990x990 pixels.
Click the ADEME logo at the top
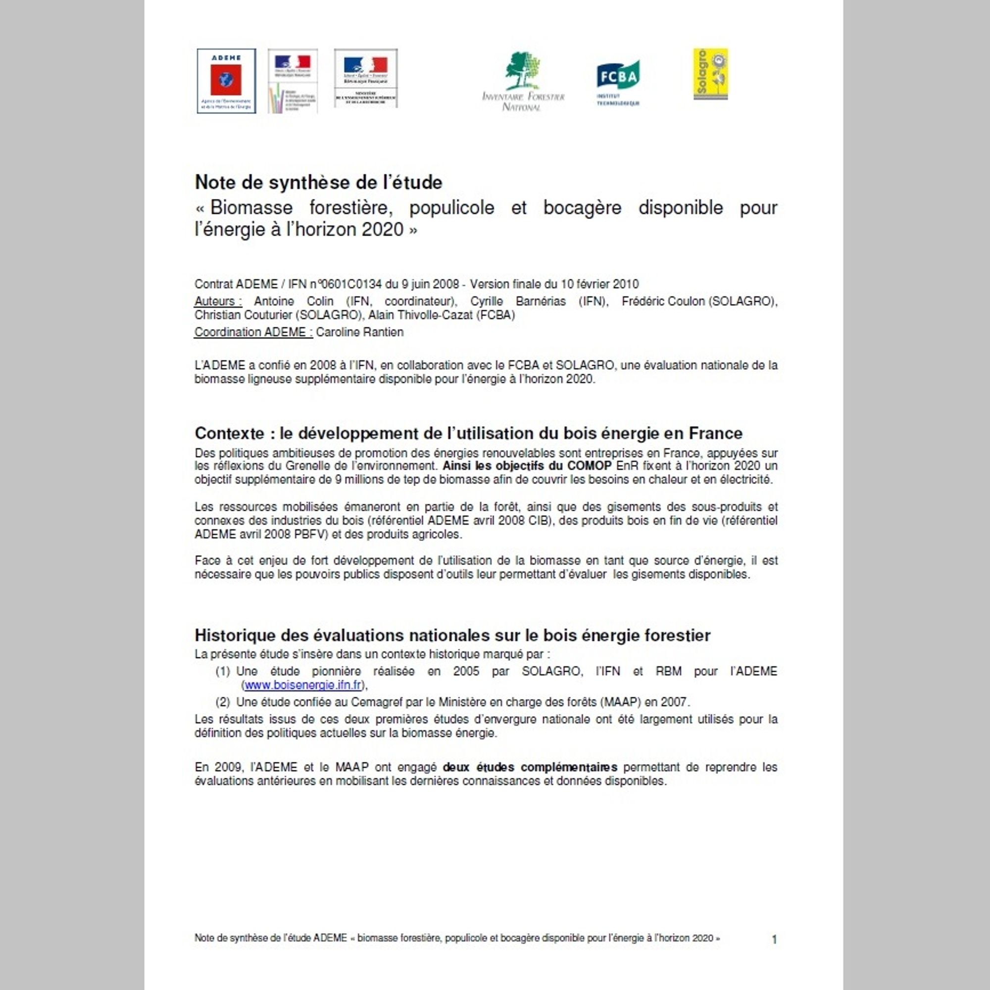point(226,81)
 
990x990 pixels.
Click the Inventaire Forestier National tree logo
point(523,81)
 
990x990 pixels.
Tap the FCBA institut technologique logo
point(618,83)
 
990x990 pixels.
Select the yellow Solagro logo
point(710,74)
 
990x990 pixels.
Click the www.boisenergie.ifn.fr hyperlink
point(303,685)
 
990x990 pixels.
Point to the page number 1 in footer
point(774,940)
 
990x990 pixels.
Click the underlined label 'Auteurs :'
point(218,301)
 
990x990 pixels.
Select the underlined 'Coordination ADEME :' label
point(253,332)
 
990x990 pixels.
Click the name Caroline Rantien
point(360,332)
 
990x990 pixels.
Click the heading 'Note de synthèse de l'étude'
point(318,182)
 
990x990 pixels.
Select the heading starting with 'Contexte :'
point(468,434)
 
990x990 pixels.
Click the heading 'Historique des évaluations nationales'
point(452,636)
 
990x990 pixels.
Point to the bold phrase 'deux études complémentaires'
point(530,768)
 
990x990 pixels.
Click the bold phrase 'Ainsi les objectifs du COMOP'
point(527,466)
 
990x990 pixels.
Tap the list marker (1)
point(222,671)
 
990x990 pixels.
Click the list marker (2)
point(222,702)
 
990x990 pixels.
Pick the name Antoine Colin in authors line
point(294,301)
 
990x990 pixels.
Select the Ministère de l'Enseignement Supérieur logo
point(365,78)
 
